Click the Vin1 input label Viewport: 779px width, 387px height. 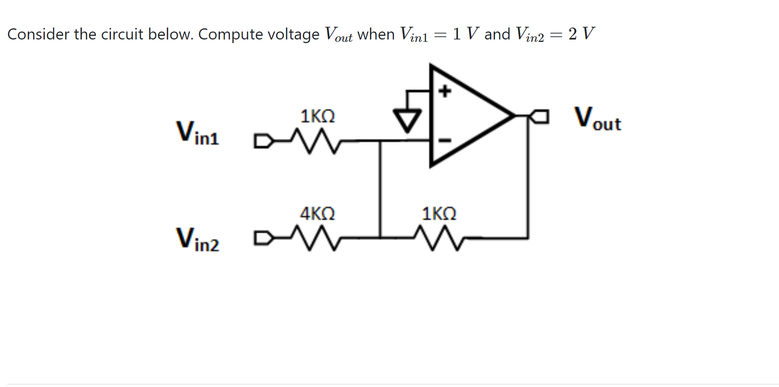(198, 133)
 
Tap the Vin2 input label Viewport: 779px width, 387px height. (198, 239)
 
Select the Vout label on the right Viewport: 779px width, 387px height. (597, 118)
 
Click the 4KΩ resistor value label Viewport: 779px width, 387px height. (317, 213)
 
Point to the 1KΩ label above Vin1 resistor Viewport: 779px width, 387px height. (317, 116)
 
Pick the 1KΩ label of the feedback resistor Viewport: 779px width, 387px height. (439, 213)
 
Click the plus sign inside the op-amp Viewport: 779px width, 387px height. (445, 91)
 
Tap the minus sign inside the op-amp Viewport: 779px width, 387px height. (445, 140)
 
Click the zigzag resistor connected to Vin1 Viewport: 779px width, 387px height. (315, 141)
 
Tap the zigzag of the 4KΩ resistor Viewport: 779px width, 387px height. (315, 238)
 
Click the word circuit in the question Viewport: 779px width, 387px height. (122, 34)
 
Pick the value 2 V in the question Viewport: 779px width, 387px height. (581, 34)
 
